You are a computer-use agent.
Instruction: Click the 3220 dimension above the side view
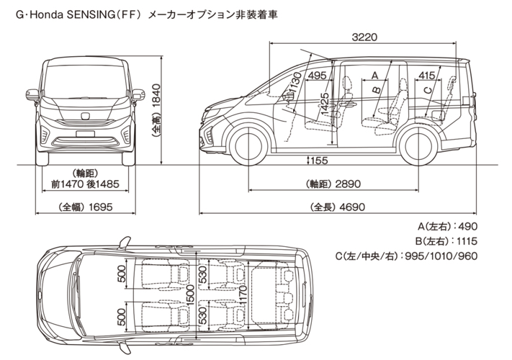tap(364, 37)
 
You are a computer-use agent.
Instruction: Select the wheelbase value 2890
tap(348, 184)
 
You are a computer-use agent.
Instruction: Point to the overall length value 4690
tap(352, 207)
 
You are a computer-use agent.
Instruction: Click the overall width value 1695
tap(99, 207)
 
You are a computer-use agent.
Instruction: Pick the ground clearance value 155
tap(319, 161)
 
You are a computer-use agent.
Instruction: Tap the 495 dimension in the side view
tap(318, 76)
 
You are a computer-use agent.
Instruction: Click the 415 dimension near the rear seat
tap(427, 76)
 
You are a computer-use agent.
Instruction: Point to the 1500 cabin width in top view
tap(190, 295)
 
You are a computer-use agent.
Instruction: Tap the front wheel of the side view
tap(249, 145)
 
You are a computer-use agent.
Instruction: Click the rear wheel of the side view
tap(418, 146)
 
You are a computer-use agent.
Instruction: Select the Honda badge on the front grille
tap(84, 116)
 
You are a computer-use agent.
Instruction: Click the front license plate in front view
tap(85, 134)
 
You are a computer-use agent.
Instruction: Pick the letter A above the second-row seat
tap(375, 76)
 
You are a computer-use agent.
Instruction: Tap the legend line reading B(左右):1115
tap(446, 241)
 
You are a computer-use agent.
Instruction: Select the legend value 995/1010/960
tap(441, 256)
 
